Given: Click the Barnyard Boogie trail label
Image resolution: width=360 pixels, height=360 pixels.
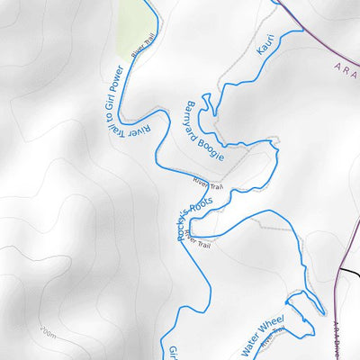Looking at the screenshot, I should click(204, 129).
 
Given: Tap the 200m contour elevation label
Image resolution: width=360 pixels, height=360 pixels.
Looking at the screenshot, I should click(48, 334).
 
